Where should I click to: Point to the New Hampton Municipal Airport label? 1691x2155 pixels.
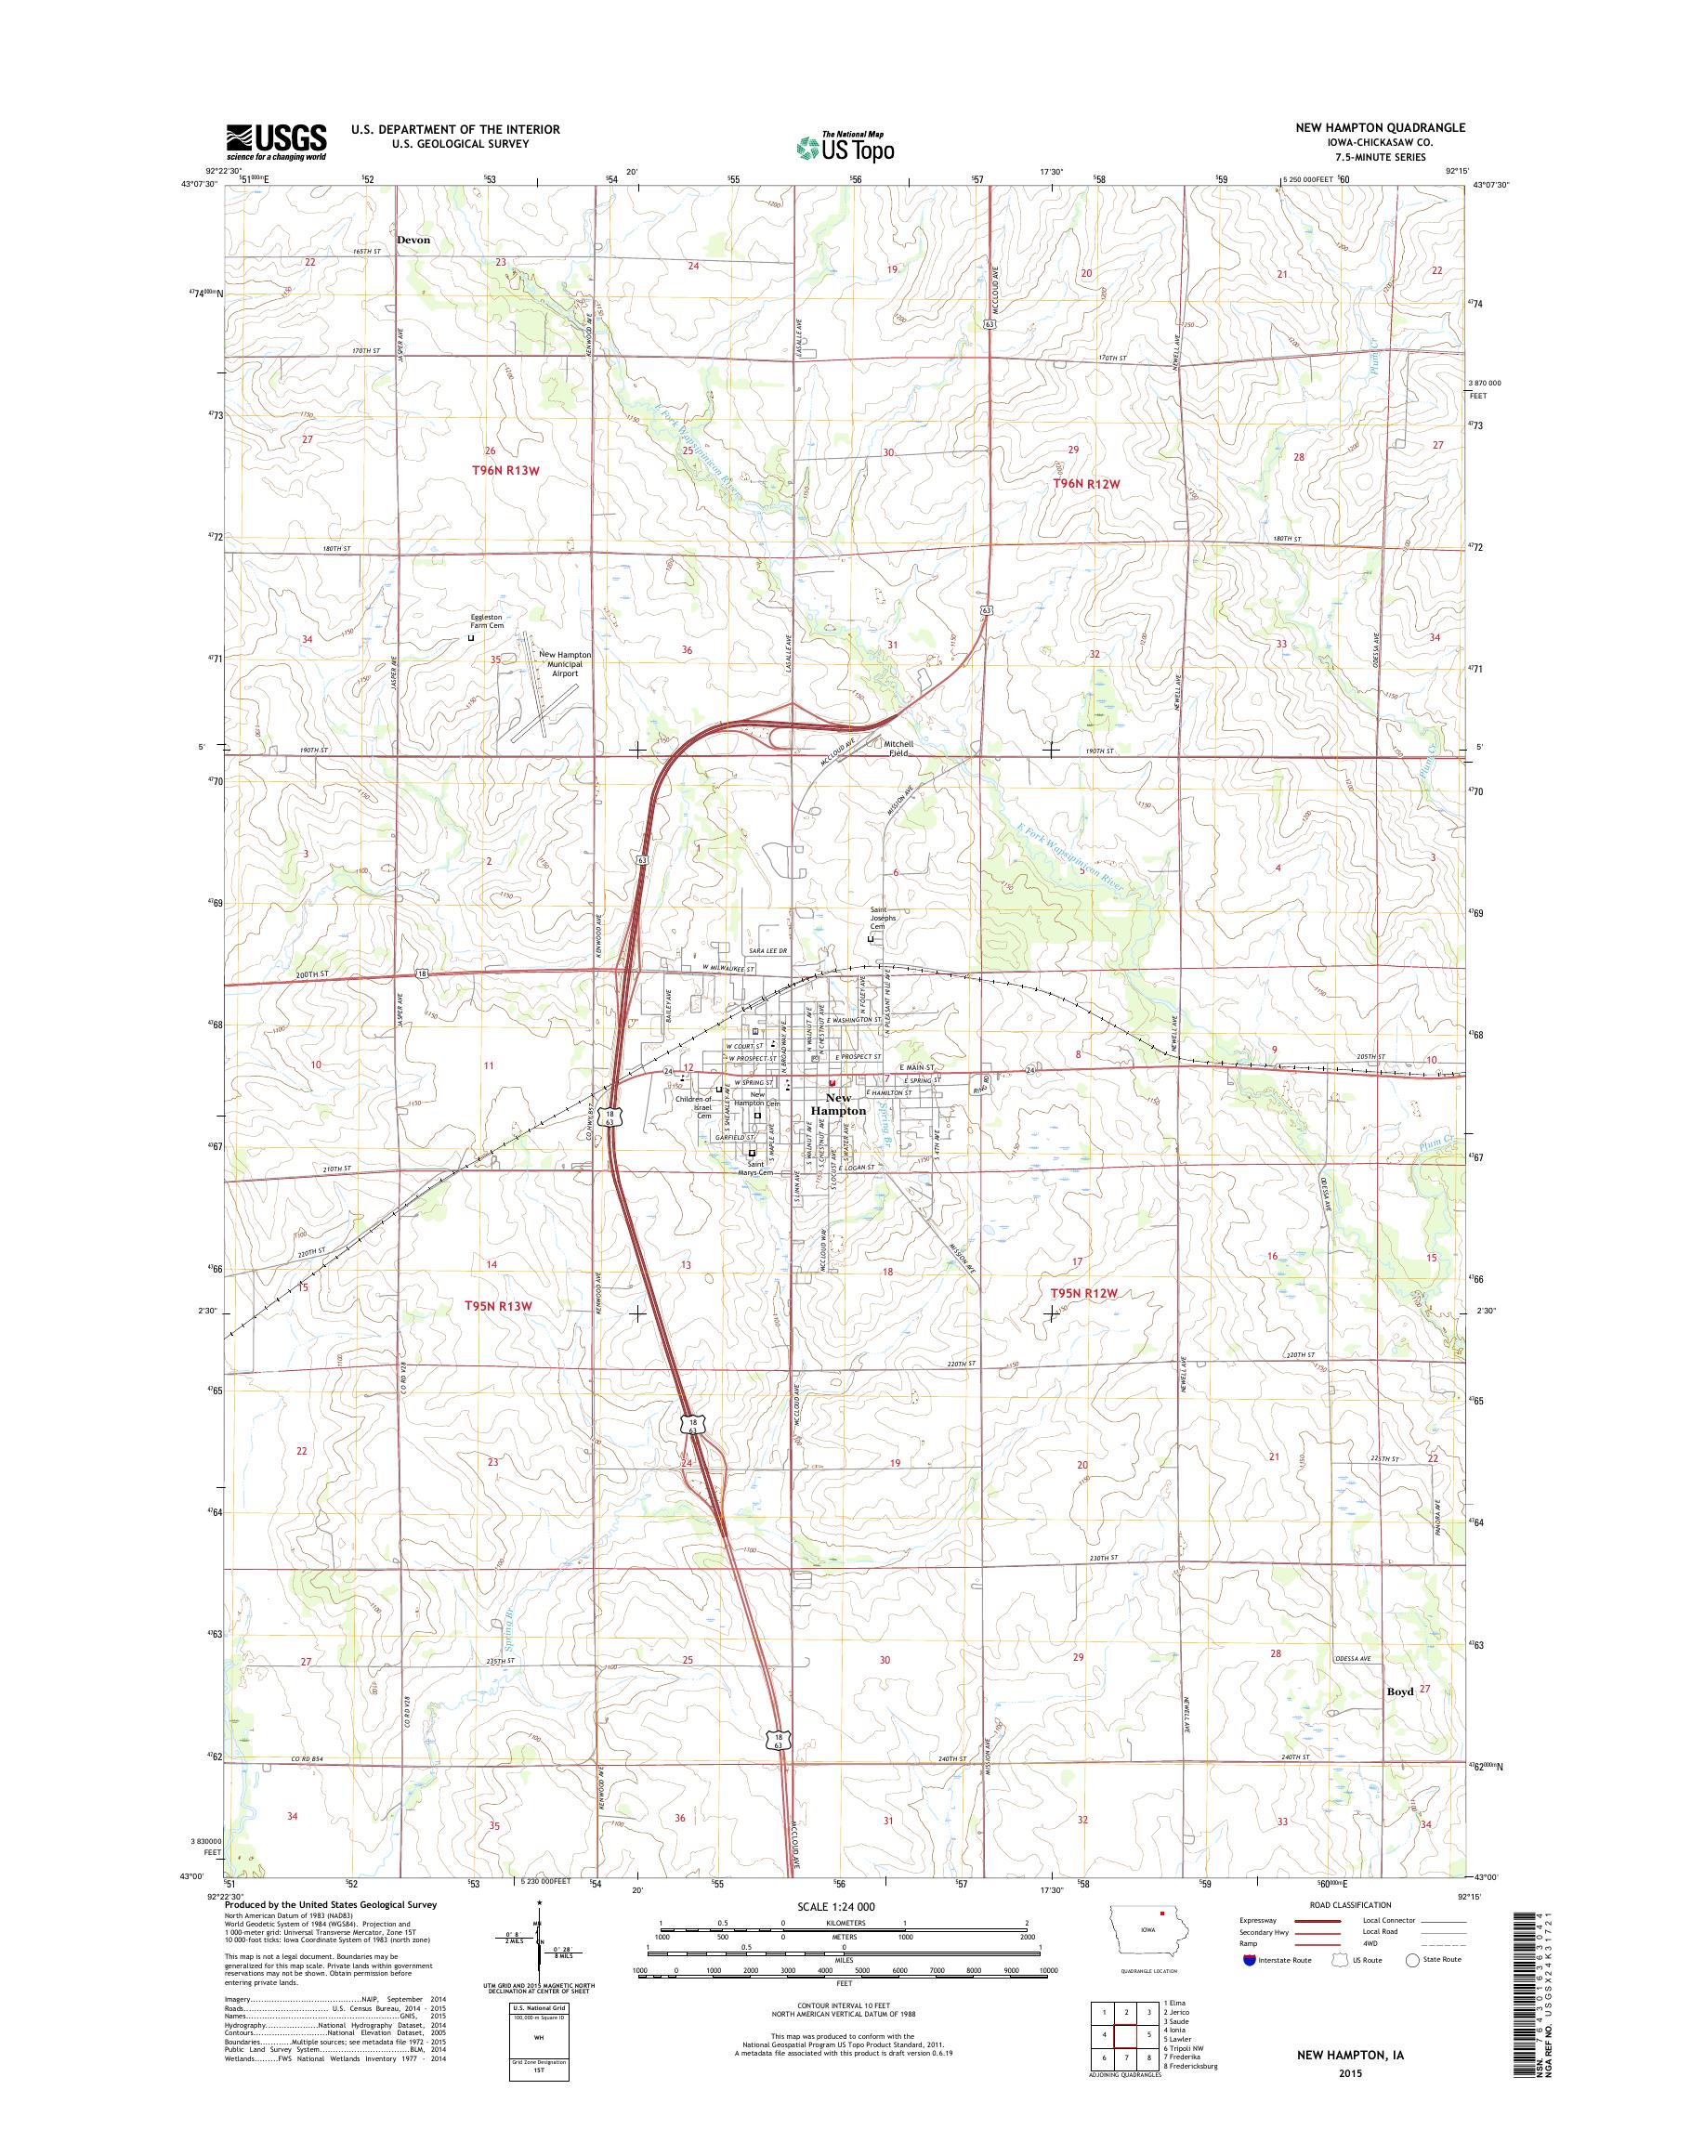[x=564, y=663]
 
